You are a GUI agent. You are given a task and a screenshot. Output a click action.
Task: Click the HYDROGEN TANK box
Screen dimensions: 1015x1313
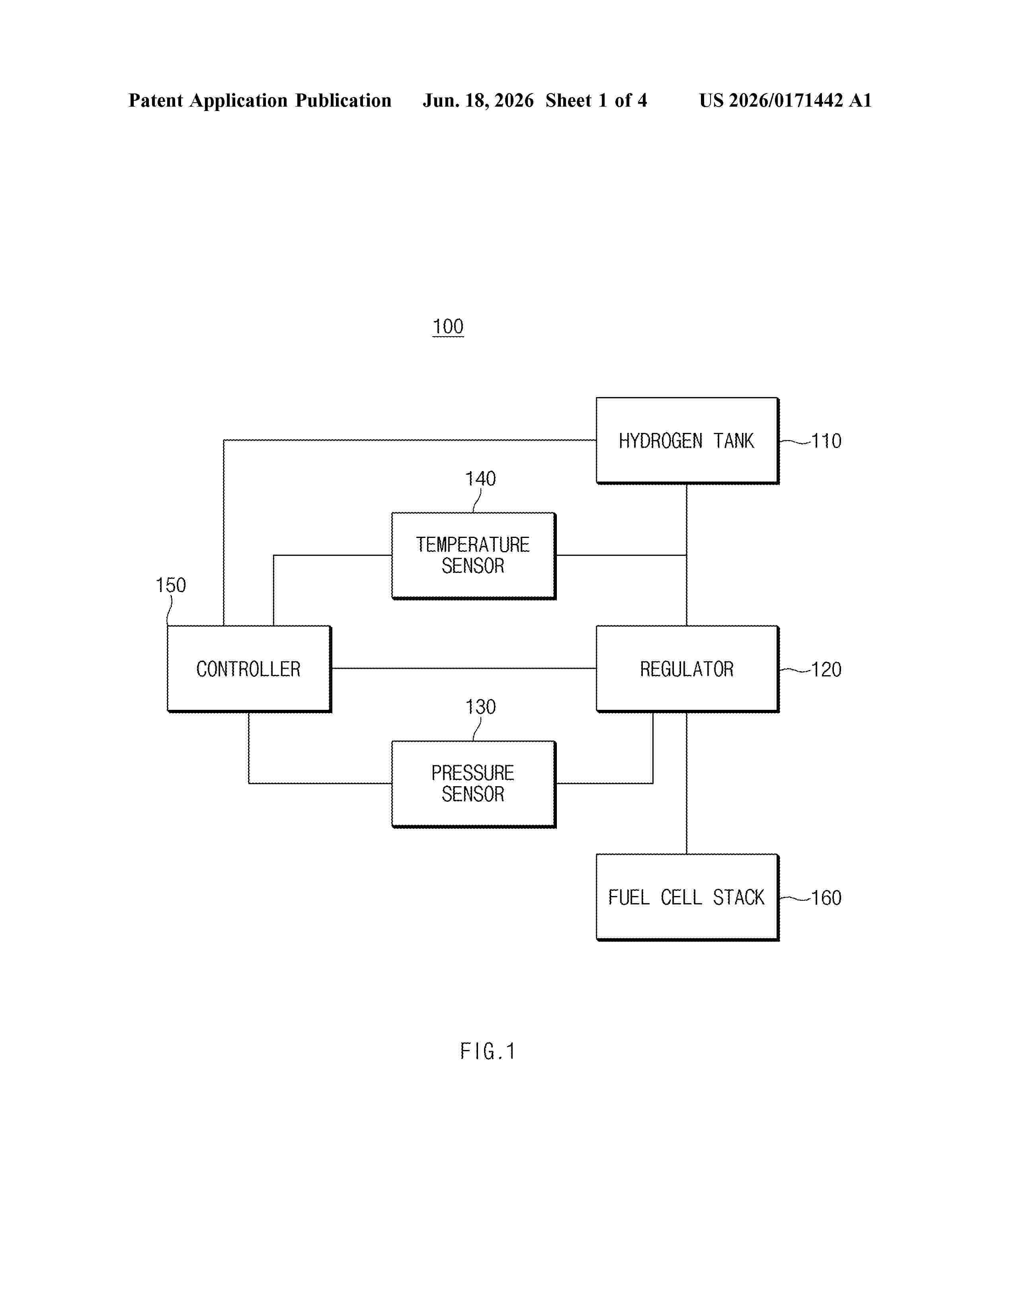(x=687, y=441)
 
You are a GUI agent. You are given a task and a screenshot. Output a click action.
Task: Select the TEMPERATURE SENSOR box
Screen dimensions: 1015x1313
(x=474, y=555)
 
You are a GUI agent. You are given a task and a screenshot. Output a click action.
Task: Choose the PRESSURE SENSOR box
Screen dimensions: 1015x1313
(x=474, y=784)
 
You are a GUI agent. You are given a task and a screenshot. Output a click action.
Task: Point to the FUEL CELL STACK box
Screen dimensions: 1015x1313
(x=687, y=897)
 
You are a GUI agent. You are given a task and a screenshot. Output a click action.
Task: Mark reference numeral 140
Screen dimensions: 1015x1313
(x=480, y=479)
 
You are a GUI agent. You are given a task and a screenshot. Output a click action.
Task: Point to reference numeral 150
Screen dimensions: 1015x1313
(x=171, y=585)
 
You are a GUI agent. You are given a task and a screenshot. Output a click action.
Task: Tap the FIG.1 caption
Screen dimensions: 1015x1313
(x=488, y=1052)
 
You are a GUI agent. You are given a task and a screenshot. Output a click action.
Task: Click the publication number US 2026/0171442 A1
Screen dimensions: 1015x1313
(x=785, y=100)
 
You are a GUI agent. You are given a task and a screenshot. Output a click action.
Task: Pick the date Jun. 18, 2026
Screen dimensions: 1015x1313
(x=478, y=100)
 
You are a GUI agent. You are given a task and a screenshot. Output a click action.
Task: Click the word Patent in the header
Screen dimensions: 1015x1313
(x=156, y=100)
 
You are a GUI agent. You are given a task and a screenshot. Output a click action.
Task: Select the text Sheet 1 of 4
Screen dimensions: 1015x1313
(x=597, y=100)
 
